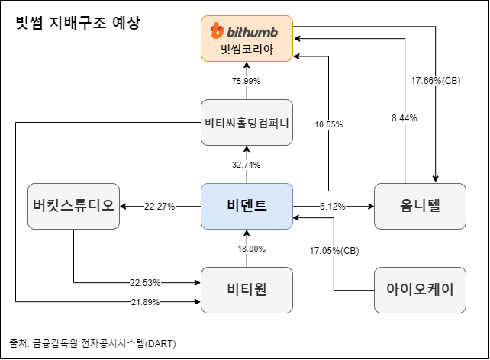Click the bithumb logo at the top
tap(246, 31)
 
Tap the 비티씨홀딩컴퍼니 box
tap(247, 122)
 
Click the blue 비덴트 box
tap(247, 206)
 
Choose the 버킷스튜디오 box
tap(74, 206)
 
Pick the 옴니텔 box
tap(419, 206)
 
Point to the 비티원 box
tap(247, 289)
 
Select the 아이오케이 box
tap(419, 289)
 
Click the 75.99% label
tap(246, 81)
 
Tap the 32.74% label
tap(246, 165)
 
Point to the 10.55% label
tap(328, 124)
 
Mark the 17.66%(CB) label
tap(435, 80)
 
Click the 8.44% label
tap(404, 118)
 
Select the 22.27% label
tap(160, 206)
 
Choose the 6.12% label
tap(333, 206)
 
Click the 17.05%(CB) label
tap(334, 250)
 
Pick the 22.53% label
tap(144, 283)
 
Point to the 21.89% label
tap(144, 303)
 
